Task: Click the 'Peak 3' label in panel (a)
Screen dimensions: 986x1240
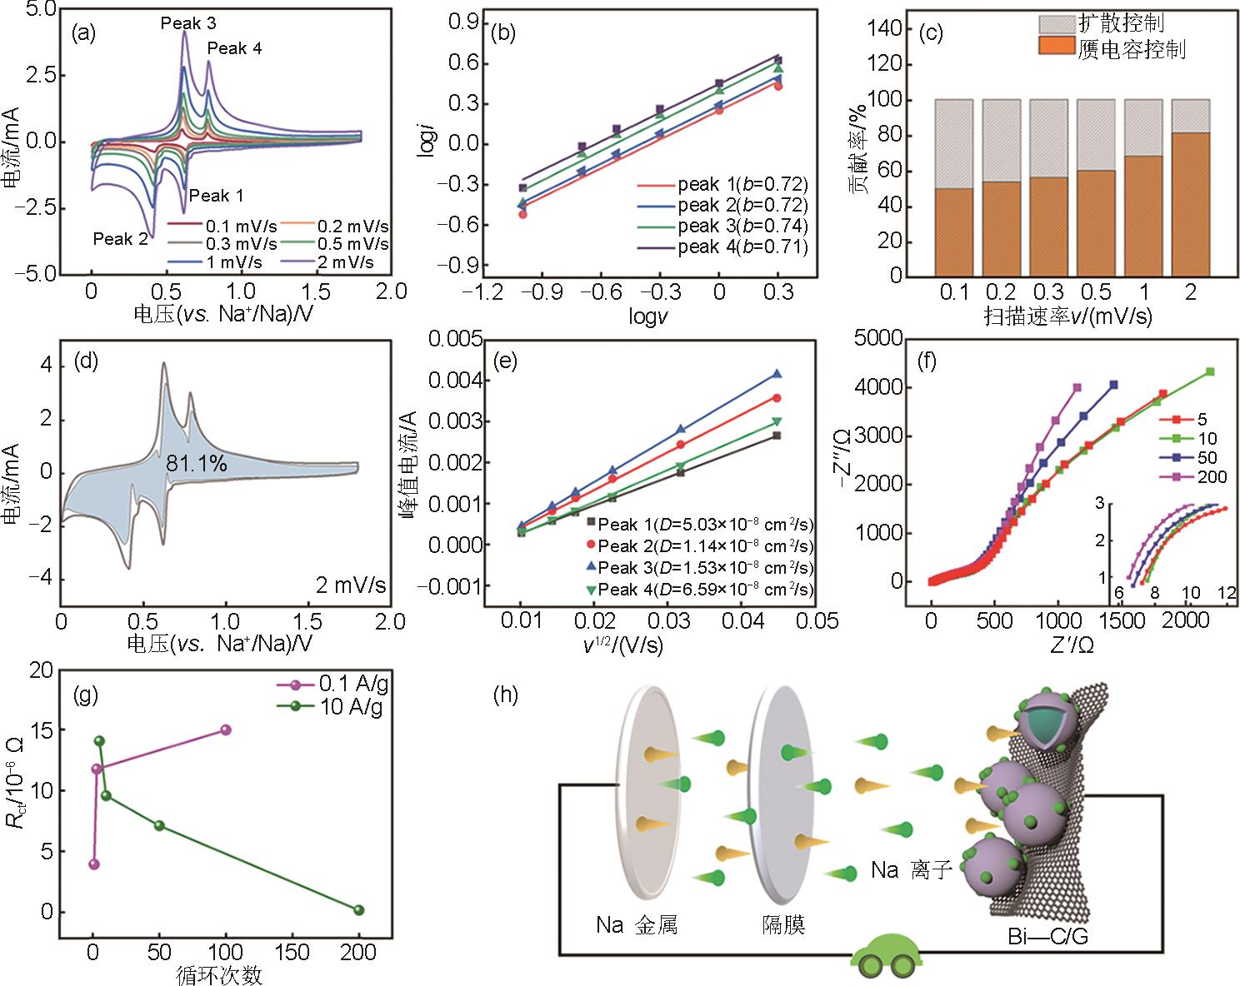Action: pyautogui.click(x=188, y=24)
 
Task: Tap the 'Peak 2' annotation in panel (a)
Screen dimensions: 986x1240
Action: pyautogui.click(x=120, y=239)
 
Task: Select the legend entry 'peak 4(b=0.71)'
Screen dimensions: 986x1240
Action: pyautogui.click(x=742, y=246)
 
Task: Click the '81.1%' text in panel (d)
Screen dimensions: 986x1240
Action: pyautogui.click(x=197, y=464)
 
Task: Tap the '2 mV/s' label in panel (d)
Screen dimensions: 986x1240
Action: pyautogui.click(x=350, y=585)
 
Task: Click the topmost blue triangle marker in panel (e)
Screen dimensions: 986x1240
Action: pyautogui.click(x=777, y=375)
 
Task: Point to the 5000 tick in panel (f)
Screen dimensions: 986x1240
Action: pyautogui.click(x=880, y=338)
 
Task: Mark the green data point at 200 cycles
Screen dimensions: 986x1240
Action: pyautogui.click(x=359, y=910)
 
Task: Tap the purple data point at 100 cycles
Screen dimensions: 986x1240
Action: pyautogui.click(x=225, y=730)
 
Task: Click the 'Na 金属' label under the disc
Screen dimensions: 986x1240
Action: pyautogui.click(x=636, y=924)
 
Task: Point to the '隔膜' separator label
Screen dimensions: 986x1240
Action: pyautogui.click(x=782, y=924)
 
